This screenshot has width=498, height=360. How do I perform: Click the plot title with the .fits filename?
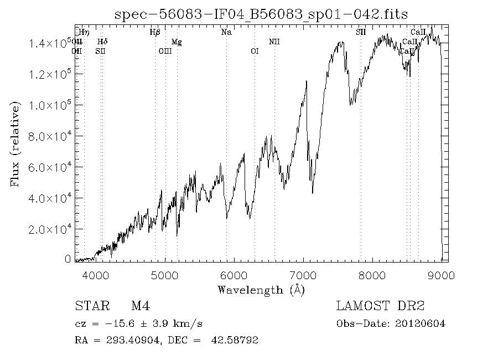click(261, 14)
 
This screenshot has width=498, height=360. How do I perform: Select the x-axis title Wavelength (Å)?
click(261, 290)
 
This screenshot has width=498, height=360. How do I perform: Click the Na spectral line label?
click(226, 33)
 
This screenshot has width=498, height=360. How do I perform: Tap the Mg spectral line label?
click(177, 42)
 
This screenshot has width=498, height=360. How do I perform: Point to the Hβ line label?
click(155, 33)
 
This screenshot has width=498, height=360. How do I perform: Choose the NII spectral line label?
click(274, 42)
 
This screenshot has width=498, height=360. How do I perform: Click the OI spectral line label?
click(255, 52)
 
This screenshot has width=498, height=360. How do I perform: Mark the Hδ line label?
click(102, 42)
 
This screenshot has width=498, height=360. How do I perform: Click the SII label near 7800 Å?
click(361, 33)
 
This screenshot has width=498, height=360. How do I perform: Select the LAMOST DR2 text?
click(380, 306)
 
